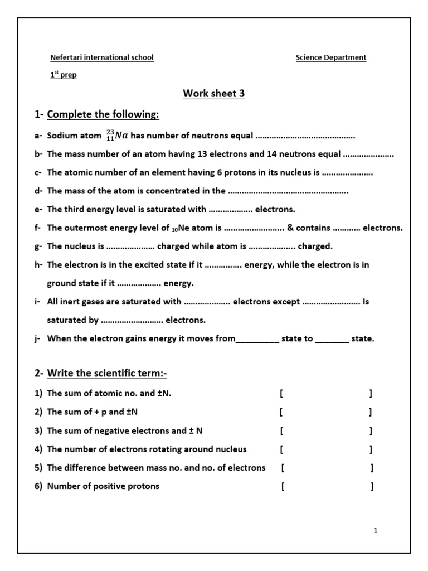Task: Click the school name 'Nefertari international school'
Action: tap(102, 57)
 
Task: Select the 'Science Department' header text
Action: tap(331, 57)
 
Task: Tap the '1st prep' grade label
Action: tap(64, 75)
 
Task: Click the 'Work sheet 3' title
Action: tap(214, 94)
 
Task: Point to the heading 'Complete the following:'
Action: tap(103, 115)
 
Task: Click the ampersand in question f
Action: tap(290, 228)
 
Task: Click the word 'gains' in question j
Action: tap(142, 338)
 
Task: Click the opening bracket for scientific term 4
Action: tap(282, 449)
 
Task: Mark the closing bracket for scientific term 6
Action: tap(372, 486)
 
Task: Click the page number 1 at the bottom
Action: tap(376, 531)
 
